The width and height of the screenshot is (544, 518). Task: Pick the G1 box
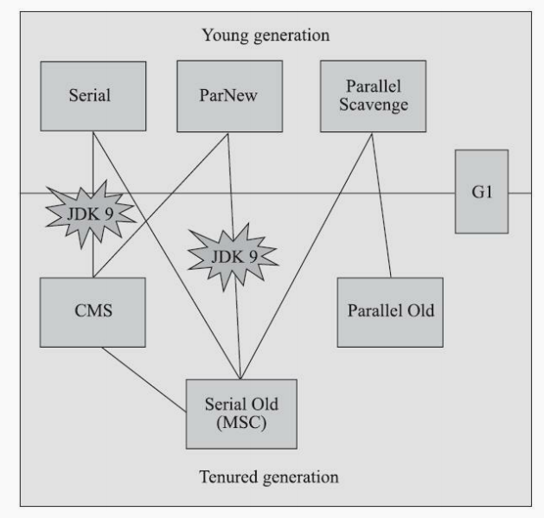[481, 191]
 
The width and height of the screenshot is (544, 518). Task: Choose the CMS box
[90, 310]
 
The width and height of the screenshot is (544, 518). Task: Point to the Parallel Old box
[389, 310]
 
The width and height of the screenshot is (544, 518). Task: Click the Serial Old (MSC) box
[241, 413]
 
